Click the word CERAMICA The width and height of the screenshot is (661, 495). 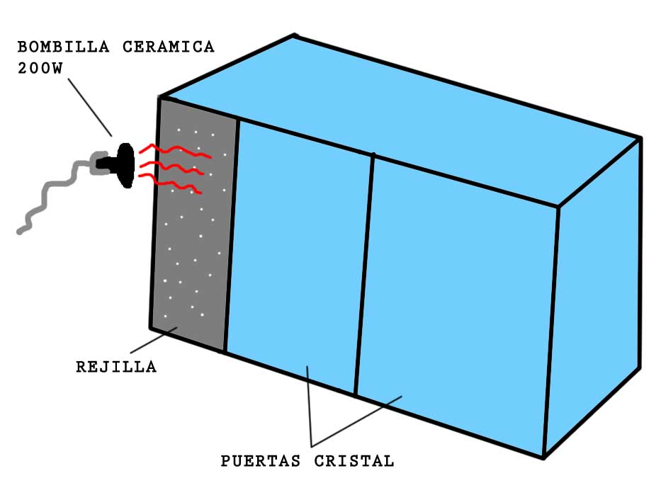[x=169, y=47]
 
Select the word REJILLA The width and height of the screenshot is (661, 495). [x=116, y=367]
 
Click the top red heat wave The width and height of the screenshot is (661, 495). [x=174, y=151]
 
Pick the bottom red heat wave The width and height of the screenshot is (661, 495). [x=174, y=186]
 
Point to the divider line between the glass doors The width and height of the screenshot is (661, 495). [x=364, y=276]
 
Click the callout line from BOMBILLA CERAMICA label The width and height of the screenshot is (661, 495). [x=91, y=106]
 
